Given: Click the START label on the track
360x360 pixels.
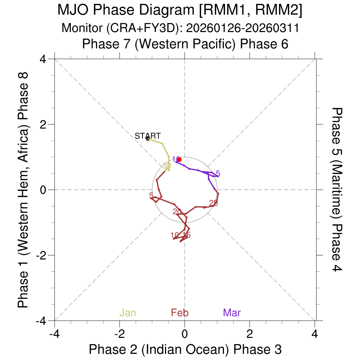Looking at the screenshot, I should tap(148, 136).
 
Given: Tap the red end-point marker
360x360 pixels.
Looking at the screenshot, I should tap(179, 159).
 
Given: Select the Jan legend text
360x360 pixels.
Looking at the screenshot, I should tap(128, 313).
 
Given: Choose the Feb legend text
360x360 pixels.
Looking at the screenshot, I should tap(180, 313).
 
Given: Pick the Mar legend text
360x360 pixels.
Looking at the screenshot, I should tap(232, 313).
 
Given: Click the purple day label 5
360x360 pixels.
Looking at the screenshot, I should tap(218, 173).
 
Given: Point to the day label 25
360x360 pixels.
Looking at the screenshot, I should tap(213, 203).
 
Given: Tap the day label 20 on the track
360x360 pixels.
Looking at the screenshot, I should tap(177, 211).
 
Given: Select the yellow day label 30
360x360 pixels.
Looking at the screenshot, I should tap(167, 165).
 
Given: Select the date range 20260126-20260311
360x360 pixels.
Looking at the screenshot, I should tap(242, 28).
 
